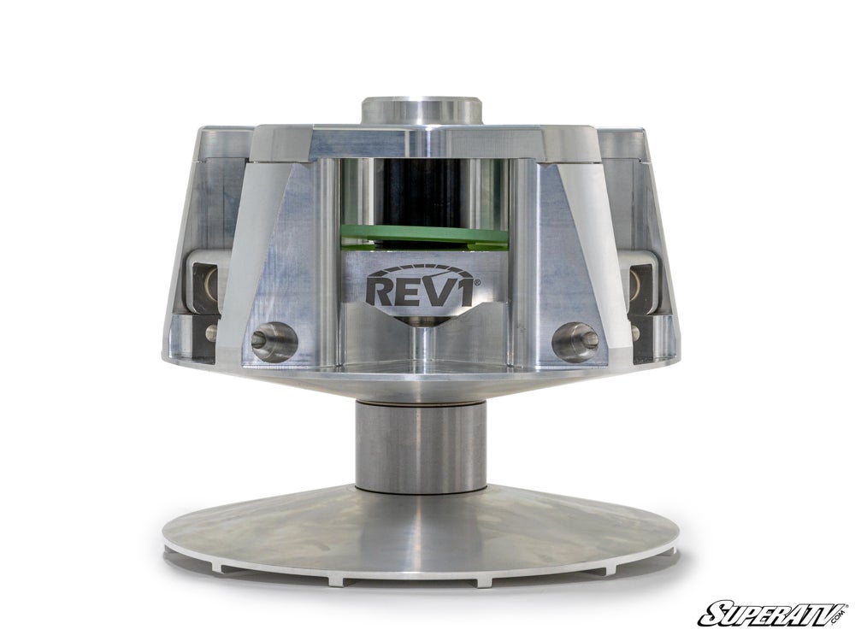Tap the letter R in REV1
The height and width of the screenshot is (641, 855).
(381, 289)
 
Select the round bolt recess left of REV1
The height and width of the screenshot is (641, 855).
(274, 342)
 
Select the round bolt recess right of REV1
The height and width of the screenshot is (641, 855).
(575, 341)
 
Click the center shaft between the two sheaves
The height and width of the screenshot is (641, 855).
(420, 446)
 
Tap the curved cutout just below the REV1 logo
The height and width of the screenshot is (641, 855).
(424, 320)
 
